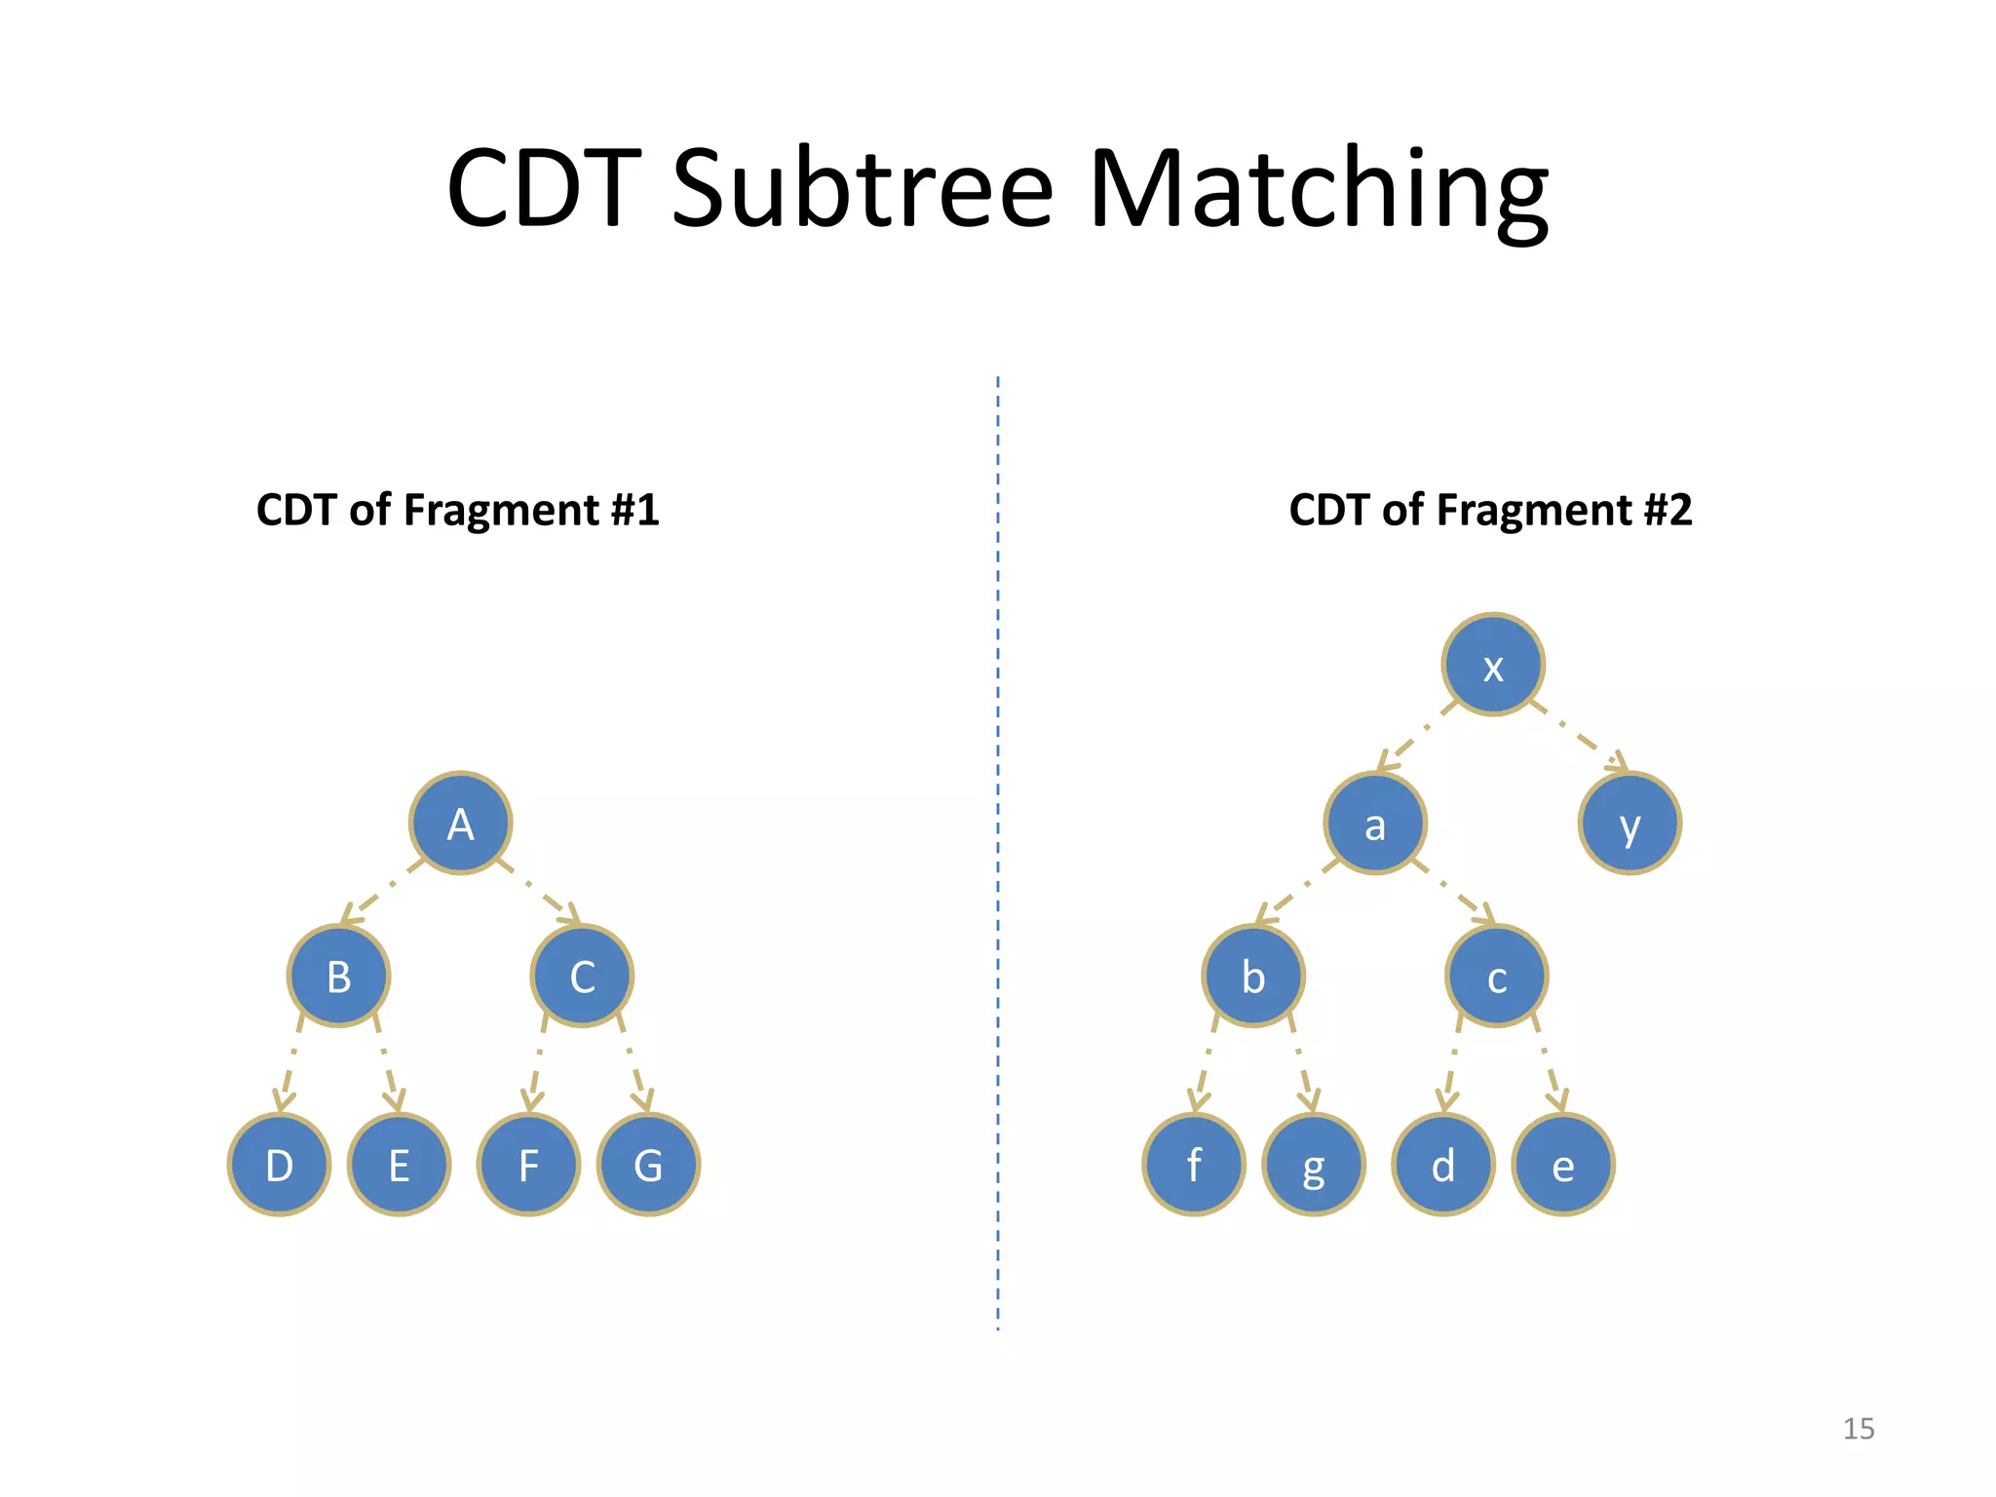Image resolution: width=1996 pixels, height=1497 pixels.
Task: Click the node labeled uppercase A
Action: coord(460,824)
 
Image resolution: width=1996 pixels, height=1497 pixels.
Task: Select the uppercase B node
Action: coord(338,976)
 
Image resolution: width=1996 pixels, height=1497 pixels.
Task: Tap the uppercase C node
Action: coord(582,976)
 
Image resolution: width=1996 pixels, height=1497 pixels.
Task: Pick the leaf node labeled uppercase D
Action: coord(279,1165)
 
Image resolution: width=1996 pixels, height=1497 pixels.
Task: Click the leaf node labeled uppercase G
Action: coord(648,1165)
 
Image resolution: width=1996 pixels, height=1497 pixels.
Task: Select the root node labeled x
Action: coord(1493,666)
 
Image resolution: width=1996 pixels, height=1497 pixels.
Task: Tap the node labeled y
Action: coord(1630,824)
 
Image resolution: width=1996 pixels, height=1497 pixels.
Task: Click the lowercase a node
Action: coord(1375,824)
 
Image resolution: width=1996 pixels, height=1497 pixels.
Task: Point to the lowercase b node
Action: coord(1253,976)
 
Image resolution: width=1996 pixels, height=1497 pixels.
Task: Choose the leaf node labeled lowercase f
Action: coord(1194,1165)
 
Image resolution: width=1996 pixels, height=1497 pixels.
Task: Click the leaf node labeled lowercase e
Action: coord(1563,1165)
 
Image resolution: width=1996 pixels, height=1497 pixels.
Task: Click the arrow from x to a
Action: coord(1417,736)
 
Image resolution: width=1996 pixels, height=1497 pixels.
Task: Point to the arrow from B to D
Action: coord(290,1064)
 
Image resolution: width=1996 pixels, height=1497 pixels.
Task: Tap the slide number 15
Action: coord(1859,1429)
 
